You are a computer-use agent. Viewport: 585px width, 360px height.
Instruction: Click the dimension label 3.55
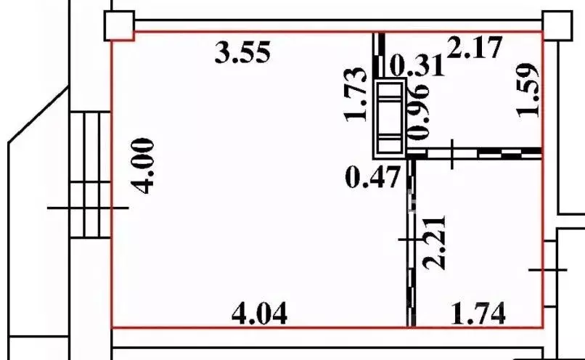click(x=242, y=52)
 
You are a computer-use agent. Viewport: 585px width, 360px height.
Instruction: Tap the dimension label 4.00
click(x=143, y=166)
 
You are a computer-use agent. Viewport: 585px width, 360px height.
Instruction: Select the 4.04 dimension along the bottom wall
click(x=260, y=313)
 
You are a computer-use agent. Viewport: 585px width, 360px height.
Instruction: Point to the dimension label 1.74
click(x=478, y=313)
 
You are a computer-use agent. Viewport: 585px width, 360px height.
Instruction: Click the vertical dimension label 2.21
click(x=434, y=242)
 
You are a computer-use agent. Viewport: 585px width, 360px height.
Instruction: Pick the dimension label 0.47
click(x=373, y=177)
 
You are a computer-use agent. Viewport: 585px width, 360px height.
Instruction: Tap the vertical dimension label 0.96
click(x=419, y=111)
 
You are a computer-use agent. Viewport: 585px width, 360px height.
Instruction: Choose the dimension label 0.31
click(x=417, y=65)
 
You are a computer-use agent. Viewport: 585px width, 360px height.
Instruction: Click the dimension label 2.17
click(x=474, y=47)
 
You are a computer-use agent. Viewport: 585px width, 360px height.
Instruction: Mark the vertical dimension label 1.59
click(x=528, y=90)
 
